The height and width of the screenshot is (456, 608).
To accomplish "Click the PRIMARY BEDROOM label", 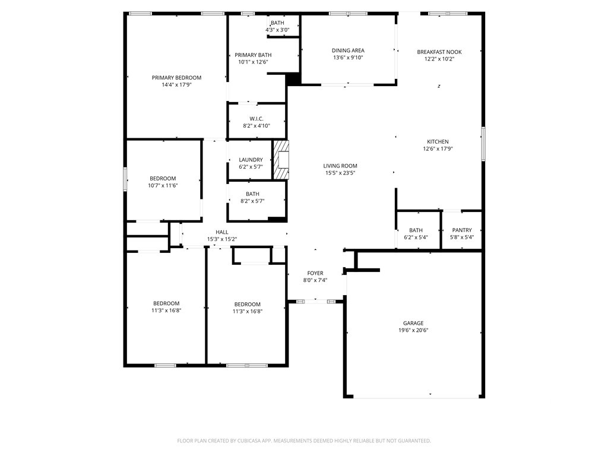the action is [x=176, y=78].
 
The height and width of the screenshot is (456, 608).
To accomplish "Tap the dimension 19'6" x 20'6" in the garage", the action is [x=413, y=330].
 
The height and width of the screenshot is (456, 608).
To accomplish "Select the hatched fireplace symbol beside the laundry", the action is [x=281, y=160].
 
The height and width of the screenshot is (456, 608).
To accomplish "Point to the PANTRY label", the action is [x=462, y=230].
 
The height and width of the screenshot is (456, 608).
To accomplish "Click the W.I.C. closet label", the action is [x=256, y=119].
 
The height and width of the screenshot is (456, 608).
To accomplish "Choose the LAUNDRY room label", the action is [x=251, y=160].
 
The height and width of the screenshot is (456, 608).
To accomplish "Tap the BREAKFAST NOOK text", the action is [x=439, y=52].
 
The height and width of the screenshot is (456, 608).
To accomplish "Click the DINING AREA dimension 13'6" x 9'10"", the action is [x=348, y=58].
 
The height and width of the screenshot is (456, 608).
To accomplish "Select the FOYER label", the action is [x=315, y=273].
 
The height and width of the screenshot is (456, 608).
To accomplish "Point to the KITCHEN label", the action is [x=438, y=141].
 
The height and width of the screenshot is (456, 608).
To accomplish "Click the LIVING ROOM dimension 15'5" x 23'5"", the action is [x=340, y=173].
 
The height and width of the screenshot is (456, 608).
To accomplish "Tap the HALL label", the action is [x=222, y=232].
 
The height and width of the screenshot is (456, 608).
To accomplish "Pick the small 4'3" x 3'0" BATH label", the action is [x=277, y=23].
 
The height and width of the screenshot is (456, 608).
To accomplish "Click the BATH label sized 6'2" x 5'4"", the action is [x=416, y=230].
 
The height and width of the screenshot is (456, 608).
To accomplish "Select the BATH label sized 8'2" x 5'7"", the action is [x=252, y=194].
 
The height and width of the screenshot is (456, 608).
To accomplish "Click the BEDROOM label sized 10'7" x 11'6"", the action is [x=163, y=178].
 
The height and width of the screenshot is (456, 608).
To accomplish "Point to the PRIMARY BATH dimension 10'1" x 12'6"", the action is [x=253, y=62].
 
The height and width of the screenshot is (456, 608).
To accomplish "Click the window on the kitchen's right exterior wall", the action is [x=483, y=144].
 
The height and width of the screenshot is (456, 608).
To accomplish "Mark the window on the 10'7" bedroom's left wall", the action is [x=125, y=179].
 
